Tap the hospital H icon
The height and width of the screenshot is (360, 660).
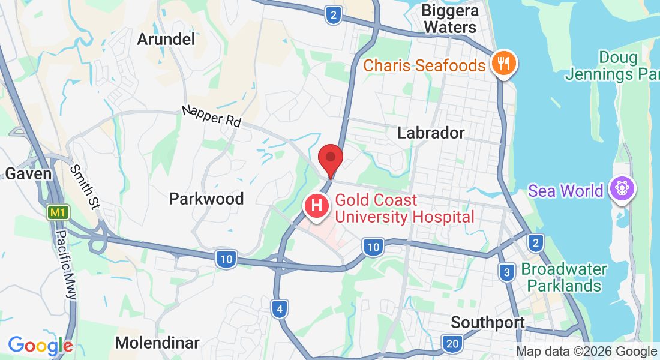tap(317, 207)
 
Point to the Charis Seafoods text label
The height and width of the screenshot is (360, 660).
tap(424, 65)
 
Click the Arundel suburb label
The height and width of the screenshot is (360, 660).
tap(166, 39)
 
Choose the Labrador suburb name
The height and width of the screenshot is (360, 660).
tap(431, 133)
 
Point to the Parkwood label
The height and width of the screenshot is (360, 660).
tap(206, 199)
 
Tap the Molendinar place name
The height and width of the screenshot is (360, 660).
tap(157, 343)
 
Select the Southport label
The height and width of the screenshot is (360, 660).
tap(488, 322)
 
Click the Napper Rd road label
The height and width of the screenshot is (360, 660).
tap(212, 116)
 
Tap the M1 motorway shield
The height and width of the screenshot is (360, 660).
tap(57, 212)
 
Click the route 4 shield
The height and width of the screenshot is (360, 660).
tap(279, 309)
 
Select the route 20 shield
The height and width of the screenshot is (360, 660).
tap(452, 344)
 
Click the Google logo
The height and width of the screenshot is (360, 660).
tap(40, 346)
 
